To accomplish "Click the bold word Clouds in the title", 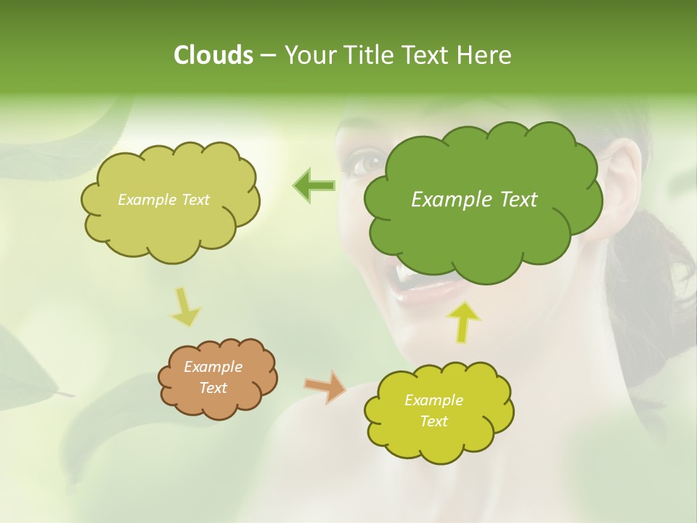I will [x=213, y=55].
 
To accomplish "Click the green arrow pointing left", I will [x=314, y=186].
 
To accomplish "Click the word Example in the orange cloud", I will [x=213, y=367].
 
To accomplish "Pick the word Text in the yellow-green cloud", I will [x=434, y=421].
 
